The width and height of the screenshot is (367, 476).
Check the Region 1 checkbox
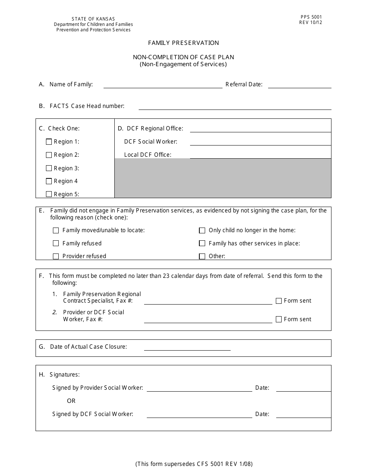(49, 142)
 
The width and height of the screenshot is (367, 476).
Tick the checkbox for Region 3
(49, 168)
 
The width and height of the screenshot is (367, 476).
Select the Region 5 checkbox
(49, 194)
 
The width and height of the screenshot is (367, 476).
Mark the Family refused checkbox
(56, 243)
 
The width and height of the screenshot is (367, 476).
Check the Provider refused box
(56, 256)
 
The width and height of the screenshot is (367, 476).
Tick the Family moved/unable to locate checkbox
(56, 230)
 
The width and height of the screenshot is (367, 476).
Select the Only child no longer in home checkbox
(202, 230)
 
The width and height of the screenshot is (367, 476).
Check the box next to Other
(202, 256)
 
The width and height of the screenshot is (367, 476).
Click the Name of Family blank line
(163, 85)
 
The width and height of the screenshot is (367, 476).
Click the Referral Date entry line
(299, 85)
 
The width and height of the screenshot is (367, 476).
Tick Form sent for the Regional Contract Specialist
(279, 301)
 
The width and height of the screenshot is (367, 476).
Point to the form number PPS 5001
(311, 17)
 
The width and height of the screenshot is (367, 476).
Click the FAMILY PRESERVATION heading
(183, 43)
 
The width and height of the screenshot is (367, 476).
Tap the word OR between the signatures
(71, 401)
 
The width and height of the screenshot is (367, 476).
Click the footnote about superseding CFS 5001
(194, 464)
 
